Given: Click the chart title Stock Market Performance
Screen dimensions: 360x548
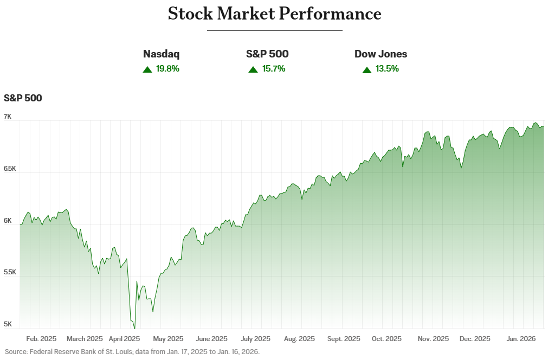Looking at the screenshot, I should pyautogui.click(x=274, y=14).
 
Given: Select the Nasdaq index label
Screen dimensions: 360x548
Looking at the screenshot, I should pyautogui.click(x=161, y=54).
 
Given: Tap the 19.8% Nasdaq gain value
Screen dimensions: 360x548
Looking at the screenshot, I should pyautogui.click(x=167, y=69).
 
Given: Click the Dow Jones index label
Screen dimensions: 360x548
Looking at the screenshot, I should pyautogui.click(x=381, y=54).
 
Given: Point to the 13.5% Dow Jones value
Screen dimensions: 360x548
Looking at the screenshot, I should pyautogui.click(x=388, y=69).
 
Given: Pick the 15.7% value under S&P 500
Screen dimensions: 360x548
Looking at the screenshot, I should pyautogui.click(x=273, y=69).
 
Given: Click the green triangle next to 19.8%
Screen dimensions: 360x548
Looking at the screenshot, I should pyautogui.click(x=147, y=69).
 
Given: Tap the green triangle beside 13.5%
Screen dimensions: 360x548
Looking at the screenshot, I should pyautogui.click(x=367, y=69).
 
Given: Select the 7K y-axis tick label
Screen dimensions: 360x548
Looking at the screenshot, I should pyautogui.click(x=8, y=117).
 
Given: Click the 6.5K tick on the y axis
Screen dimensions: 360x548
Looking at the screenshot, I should pyautogui.click(x=10, y=169).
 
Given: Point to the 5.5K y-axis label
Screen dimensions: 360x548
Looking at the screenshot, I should pyautogui.click(x=10, y=272).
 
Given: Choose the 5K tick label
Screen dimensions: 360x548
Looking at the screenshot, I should pyautogui.click(x=8, y=324).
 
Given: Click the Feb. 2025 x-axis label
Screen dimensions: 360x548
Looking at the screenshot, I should pyautogui.click(x=41, y=339).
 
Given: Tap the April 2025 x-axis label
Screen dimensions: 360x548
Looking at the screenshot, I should pyautogui.click(x=124, y=339).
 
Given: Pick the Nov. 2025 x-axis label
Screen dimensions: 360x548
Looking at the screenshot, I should pyautogui.click(x=433, y=339).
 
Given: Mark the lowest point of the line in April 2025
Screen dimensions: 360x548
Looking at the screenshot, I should pyautogui.click(x=134, y=328).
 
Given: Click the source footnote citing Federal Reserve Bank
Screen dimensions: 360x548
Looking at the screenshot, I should pyautogui.click(x=132, y=352).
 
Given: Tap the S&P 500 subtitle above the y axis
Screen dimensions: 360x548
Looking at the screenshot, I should pyautogui.click(x=23, y=98).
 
